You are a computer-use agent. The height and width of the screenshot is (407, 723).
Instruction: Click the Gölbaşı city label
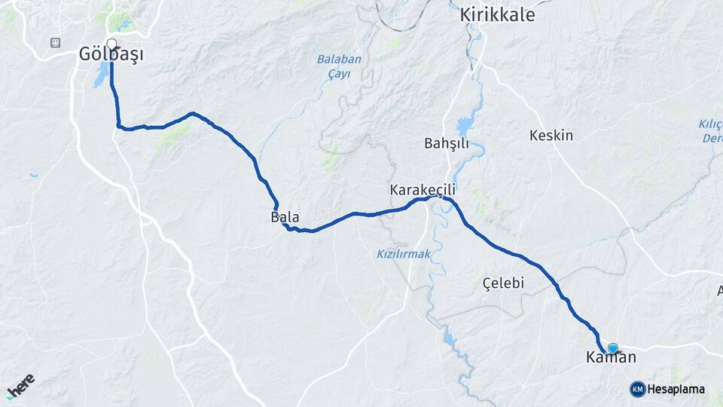tap(111, 54)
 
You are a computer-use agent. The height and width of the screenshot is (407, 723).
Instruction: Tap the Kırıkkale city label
tap(497, 15)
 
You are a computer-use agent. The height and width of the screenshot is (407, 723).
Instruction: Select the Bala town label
tap(285, 217)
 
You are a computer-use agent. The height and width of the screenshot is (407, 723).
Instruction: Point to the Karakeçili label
tap(423, 190)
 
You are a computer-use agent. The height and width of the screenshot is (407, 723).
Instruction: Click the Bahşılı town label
tap(447, 143)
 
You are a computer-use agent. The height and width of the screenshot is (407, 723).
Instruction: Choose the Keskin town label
tap(551, 136)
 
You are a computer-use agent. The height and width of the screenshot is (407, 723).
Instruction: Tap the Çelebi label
tap(503, 283)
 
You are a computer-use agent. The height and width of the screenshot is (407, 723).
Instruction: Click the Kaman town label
tap(611, 358)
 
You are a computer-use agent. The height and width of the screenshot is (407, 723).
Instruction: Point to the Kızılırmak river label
tap(404, 254)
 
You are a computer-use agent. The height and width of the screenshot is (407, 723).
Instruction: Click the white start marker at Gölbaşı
tap(111, 43)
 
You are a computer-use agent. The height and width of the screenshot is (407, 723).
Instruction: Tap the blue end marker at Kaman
tap(613, 348)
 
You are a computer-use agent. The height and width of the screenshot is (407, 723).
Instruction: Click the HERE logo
tap(20, 386)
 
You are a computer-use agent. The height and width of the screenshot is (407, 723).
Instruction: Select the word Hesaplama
tap(676, 389)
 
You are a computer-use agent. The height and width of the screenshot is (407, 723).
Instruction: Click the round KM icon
tap(637, 389)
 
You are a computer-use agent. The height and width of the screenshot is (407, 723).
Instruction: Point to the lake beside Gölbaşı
tap(100, 75)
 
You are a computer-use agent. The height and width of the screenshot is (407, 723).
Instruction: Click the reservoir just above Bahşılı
tap(462, 127)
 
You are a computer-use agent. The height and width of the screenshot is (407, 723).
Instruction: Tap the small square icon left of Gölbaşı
tap(55, 42)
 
